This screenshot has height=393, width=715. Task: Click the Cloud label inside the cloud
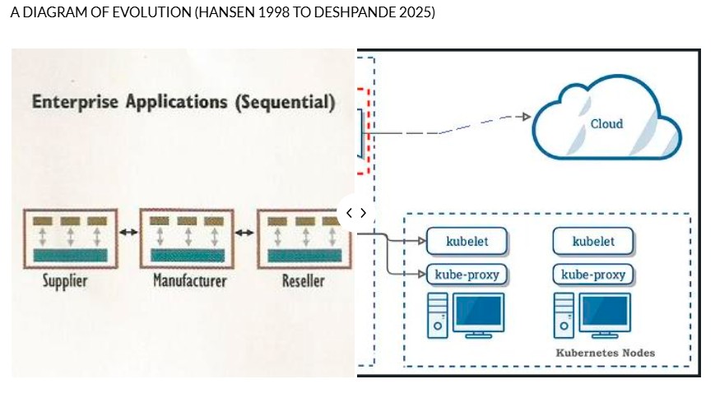pyautogui.click(x=606, y=124)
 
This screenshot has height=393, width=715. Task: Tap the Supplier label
pyautogui.click(x=65, y=281)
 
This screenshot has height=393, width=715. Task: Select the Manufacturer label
pyautogui.click(x=189, y=281)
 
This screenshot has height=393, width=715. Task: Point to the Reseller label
pyautogui.click(x=303, y=281)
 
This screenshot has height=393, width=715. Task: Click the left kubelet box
pyautogui.click(x=467, y=242)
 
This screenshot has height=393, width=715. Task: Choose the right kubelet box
pyautogui.click(x=592, y=242)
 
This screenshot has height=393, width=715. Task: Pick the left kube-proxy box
pyautogui.click(x=467, y=274)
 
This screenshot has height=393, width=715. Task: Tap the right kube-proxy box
pyautogui.click(x=592, y=274)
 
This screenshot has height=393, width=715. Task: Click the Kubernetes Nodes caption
pyautogui.click(x=606, y=353)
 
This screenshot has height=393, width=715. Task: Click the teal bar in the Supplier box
pyautogui.click(x=71, y=256)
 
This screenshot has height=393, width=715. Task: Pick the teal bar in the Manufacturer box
pyautogui.click(x=188, y=256)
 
